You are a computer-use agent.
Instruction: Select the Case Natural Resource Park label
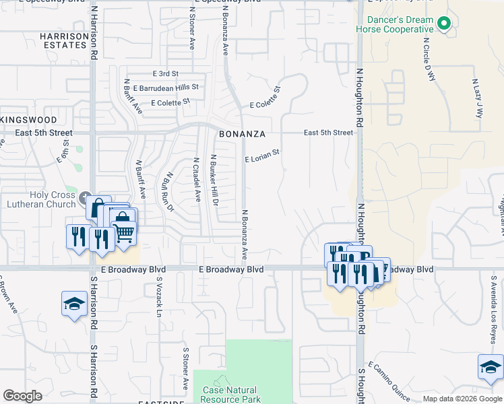230,395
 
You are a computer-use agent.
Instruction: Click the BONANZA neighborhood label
241,133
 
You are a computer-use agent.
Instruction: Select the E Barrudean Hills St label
166,88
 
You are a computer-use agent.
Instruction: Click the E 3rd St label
165,73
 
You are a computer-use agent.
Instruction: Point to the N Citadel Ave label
197,180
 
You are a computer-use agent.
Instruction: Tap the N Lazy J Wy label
477,98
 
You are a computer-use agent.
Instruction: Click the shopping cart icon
124,231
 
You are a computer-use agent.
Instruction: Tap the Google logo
23,396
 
